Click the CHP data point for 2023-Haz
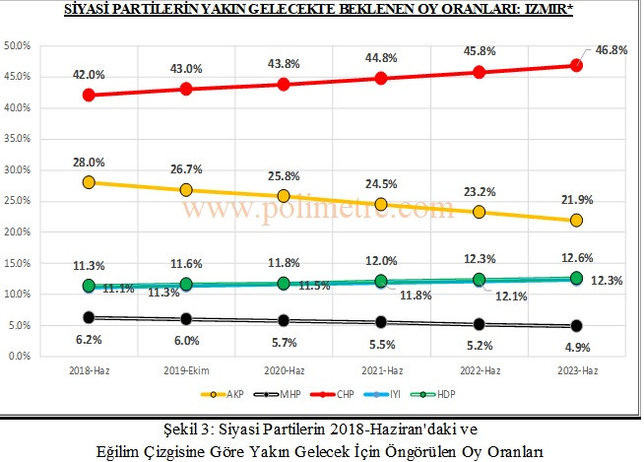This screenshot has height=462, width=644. (577, 66)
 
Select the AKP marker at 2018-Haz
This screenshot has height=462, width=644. (89, 182)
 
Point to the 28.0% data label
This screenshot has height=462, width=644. (89, 161)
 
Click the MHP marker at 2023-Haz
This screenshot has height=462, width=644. (577, 325)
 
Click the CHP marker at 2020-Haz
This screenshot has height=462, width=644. (284, 85)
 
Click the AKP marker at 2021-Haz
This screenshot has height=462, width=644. (381, 204)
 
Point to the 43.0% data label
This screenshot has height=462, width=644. (186, 68)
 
